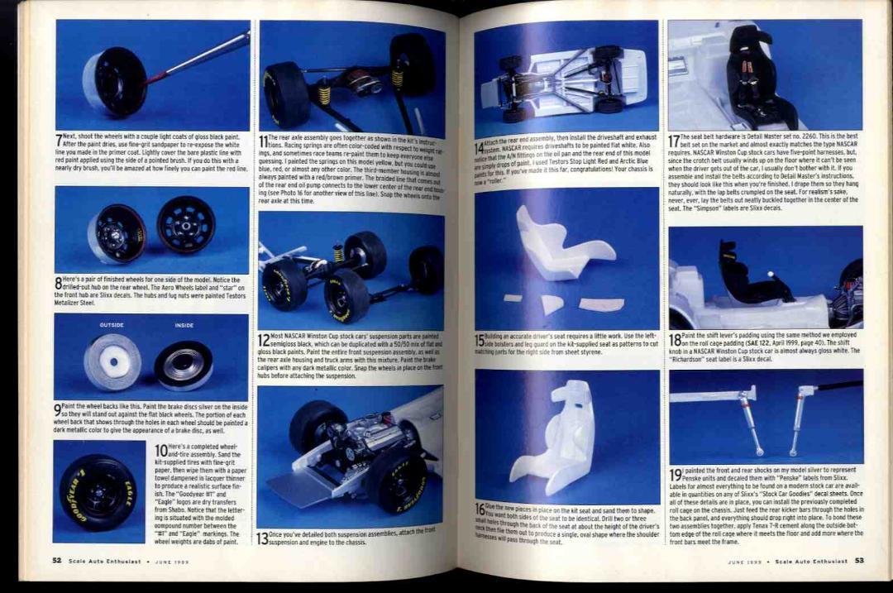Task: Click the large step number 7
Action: point(59,141)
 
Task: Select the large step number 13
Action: point(262,538)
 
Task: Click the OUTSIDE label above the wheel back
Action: point(111,325)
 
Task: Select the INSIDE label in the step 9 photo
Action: point(184,325)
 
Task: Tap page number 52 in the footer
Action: point(56,560)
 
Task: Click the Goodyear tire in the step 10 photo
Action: point(98,492)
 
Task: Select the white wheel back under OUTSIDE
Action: point(112,361)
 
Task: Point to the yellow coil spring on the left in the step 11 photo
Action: point(324,94)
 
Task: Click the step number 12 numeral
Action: point(264,339)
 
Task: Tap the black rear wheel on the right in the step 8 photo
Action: point(186,224)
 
